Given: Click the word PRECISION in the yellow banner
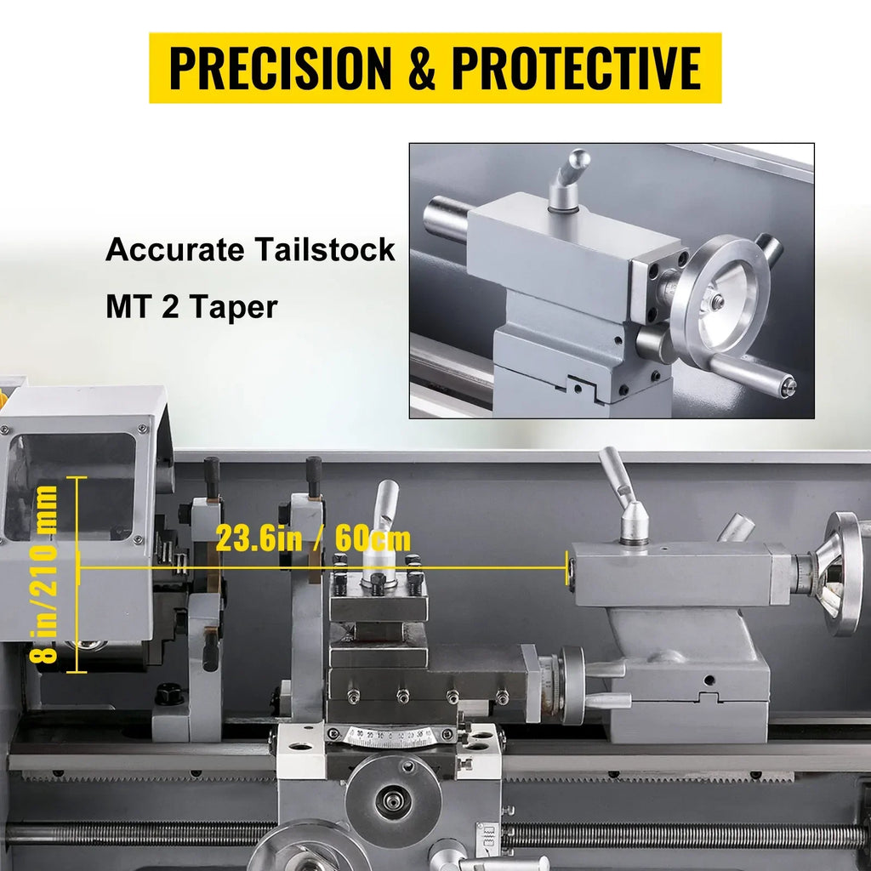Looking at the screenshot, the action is click(x=280, y=68).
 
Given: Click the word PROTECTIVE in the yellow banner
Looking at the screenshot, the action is click(x=577, y=68).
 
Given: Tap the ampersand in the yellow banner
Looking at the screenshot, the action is click(x=422, y=68).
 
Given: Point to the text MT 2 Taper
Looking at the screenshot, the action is click(x=191, y=306).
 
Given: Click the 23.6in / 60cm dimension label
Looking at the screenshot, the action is click(x=313, y=538).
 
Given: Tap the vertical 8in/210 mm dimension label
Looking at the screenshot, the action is click(x=44, y=574).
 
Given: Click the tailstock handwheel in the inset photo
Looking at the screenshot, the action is click(x=720, y=296).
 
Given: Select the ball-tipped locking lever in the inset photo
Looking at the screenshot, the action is click(x=567, y=179).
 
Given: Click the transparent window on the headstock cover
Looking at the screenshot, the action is click(x=71, y=487).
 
